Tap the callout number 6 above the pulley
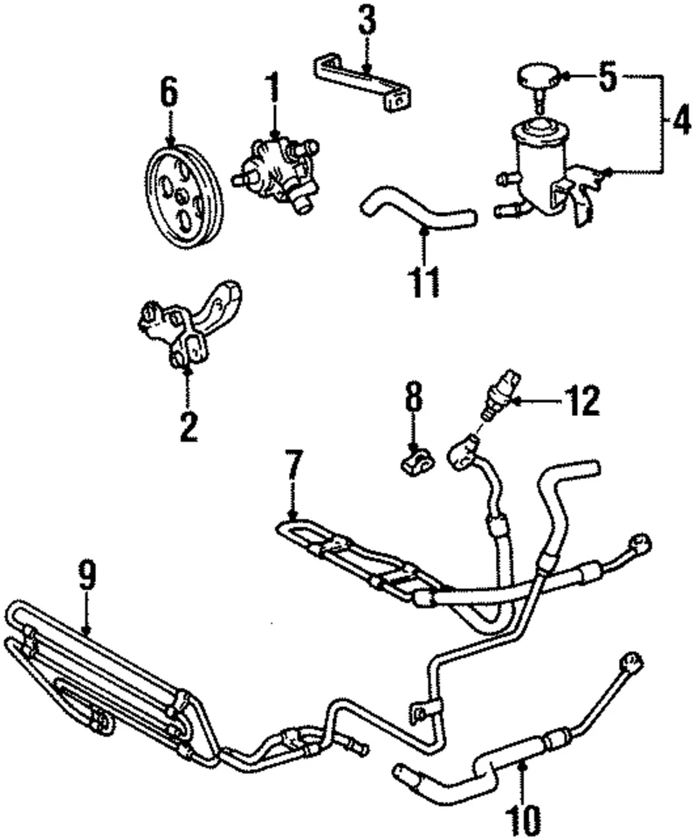coord(168,93)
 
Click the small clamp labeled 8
coord(416,459)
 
